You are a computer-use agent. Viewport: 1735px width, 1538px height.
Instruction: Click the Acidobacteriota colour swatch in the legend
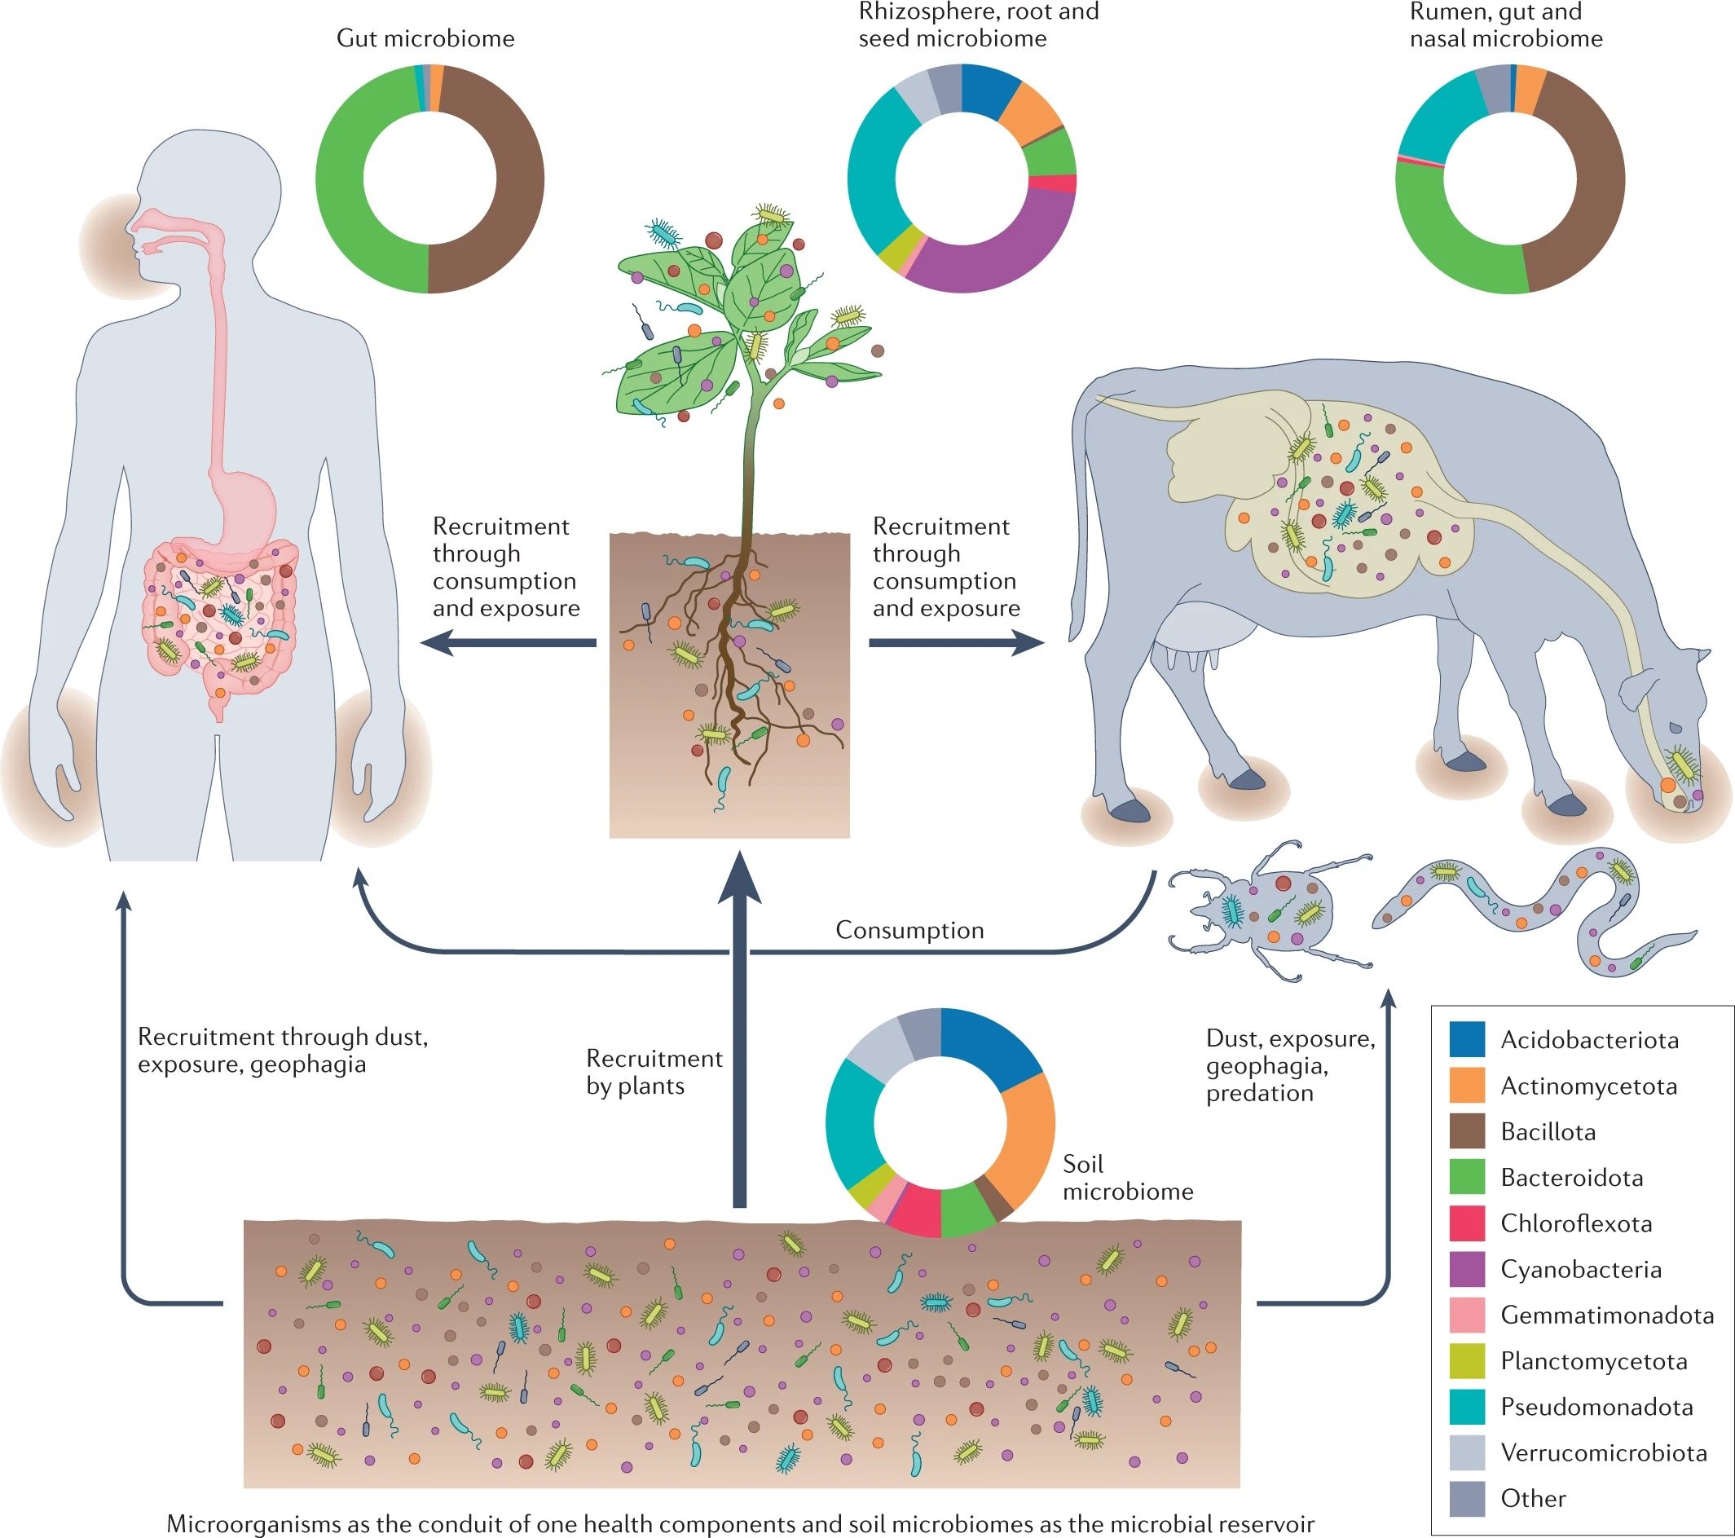pos(1468,1040)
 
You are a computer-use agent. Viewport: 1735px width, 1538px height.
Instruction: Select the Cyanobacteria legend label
pos(1580,1269)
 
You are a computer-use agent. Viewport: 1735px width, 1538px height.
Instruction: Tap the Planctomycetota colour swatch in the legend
pos(1468,1360)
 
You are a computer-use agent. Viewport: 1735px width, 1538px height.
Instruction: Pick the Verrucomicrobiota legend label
pos(1604,1452)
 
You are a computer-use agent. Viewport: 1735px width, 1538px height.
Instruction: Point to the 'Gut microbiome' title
pos(425,38)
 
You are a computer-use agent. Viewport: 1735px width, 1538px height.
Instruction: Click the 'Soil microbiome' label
pos(1127,1177)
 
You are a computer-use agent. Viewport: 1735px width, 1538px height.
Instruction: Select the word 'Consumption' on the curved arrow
pos(910,930)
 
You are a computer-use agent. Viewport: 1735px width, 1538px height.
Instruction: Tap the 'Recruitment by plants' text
pos(654,1072)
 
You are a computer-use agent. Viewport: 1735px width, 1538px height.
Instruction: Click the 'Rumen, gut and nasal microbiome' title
pos(1505,25)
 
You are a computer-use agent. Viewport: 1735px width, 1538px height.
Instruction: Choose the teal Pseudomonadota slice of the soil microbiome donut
pos(849,1121)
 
